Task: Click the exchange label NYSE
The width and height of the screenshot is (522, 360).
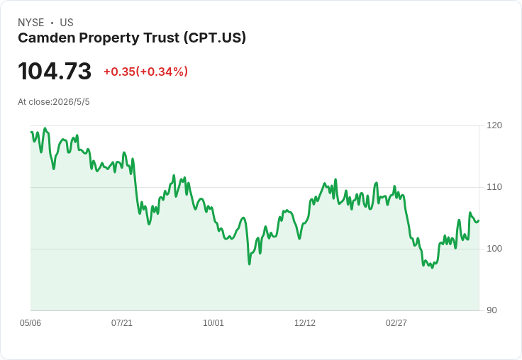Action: point(31,23)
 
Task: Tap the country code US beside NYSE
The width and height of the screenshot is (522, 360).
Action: point(67,23)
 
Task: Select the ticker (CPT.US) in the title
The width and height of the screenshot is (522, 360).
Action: point(215,38)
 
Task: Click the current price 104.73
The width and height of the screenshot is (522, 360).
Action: point(55,71)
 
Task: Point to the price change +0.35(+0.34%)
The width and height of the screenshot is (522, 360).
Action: point(146,72)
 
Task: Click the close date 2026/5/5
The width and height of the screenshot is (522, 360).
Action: point(71,102)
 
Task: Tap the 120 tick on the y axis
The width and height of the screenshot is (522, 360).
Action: point(494,125)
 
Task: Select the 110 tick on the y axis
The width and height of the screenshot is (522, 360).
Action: point(494,187)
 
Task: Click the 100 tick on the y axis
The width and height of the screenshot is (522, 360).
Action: point(494,249)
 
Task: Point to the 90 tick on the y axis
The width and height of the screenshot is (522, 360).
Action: point(492,310)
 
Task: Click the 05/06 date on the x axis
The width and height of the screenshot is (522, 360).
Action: point(30,323)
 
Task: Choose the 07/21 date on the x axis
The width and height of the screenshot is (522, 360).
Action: point(122,323)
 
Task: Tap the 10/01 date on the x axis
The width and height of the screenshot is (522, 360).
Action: point(213,323)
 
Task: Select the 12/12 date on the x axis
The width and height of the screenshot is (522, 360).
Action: point(305,323)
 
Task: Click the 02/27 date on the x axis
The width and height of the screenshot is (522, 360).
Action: point(396,323)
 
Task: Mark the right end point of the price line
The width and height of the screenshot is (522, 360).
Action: point(479,220)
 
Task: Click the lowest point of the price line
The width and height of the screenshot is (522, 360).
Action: point(432,268)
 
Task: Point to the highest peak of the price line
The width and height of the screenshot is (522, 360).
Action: point(45,128)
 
